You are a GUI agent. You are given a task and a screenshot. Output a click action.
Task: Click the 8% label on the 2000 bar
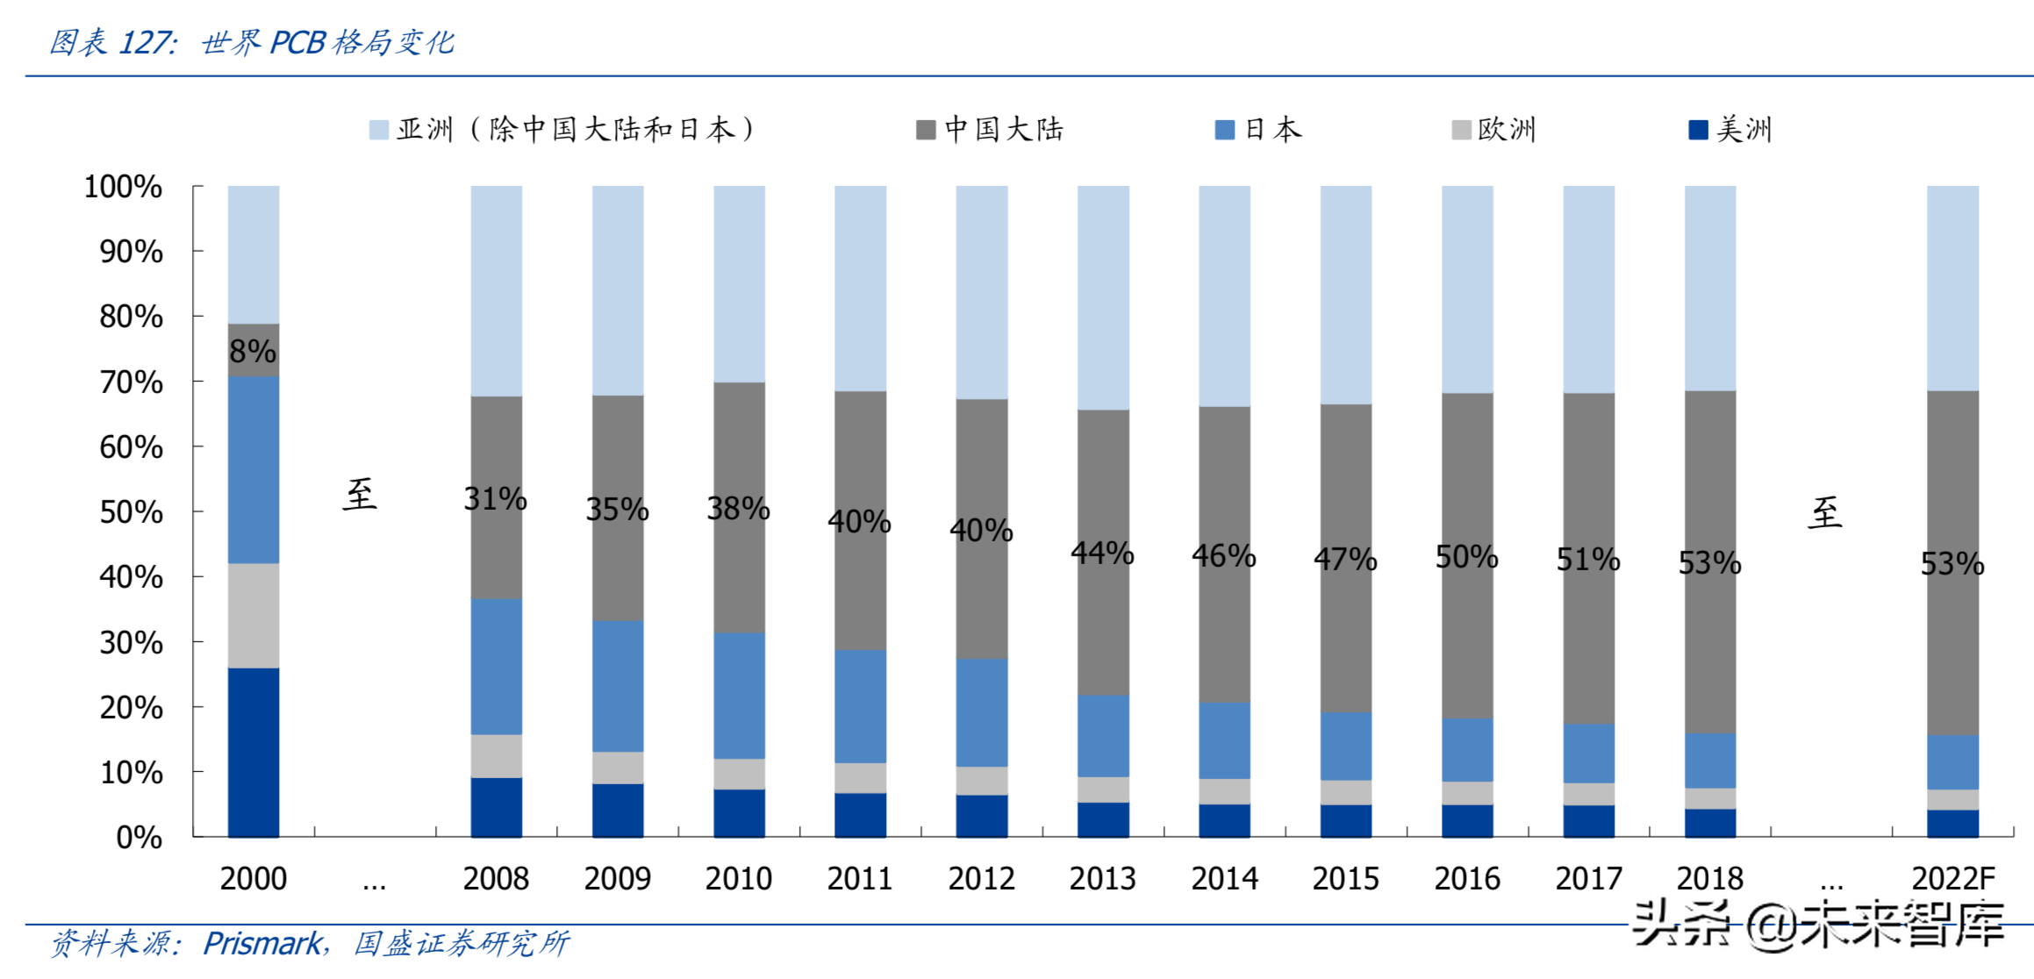click(x=253, y=351)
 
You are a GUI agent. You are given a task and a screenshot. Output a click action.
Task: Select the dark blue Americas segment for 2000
click(x=254, y=752)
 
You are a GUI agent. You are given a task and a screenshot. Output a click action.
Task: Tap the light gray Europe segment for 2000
click(x=254, y=615)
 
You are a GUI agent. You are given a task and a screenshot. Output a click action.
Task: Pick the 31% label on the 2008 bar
click(x=496, y=498)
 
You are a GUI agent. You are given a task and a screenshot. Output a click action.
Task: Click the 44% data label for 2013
click(x=1103, y=553)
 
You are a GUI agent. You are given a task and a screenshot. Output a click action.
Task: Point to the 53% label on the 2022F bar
click(x=1952, y=563)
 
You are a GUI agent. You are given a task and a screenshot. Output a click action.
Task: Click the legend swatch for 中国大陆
click(x=925, y=131)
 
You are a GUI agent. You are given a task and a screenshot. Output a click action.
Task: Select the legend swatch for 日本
click(x=1224, y=131)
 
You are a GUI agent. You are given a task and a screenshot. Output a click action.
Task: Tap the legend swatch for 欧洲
click(x=1461, y=131)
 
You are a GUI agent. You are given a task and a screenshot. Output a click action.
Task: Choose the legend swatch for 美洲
click(x=1698, y=131)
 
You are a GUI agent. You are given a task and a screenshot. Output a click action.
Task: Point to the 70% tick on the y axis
click(x=131, y=382)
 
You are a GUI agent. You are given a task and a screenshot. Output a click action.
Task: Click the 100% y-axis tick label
click(x=123, y=187)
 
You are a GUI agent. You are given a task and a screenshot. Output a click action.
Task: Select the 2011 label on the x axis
click(x=860, y=878)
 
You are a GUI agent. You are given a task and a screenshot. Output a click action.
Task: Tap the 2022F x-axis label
click(x=1953, y=878)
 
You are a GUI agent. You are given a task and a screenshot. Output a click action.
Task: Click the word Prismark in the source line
click(x=262, y=944)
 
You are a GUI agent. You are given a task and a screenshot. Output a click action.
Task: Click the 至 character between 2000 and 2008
click(x=360, y=495)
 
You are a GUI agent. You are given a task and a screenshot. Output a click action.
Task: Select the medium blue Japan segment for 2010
click(x=739, y=696)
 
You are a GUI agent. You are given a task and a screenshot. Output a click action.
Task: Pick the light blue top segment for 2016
click(x=1467, y=289)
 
